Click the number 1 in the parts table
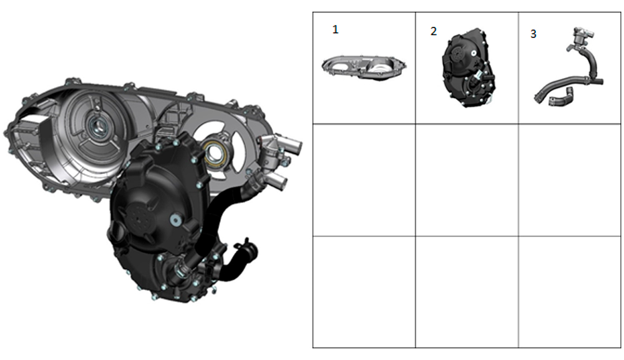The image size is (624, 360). pos(336,29)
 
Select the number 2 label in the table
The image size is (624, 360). pos(434,31)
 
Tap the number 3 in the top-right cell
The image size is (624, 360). pos(533,34)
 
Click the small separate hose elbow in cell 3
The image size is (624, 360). pos(561,97)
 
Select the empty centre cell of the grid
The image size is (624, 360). pos(467,180)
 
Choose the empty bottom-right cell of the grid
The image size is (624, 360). pos(570,291)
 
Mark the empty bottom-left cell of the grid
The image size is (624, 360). pos(364,291)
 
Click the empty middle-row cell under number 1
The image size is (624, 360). pos(364,180)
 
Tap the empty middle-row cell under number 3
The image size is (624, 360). pos(570,180)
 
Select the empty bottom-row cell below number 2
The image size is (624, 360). pos(467,291)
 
